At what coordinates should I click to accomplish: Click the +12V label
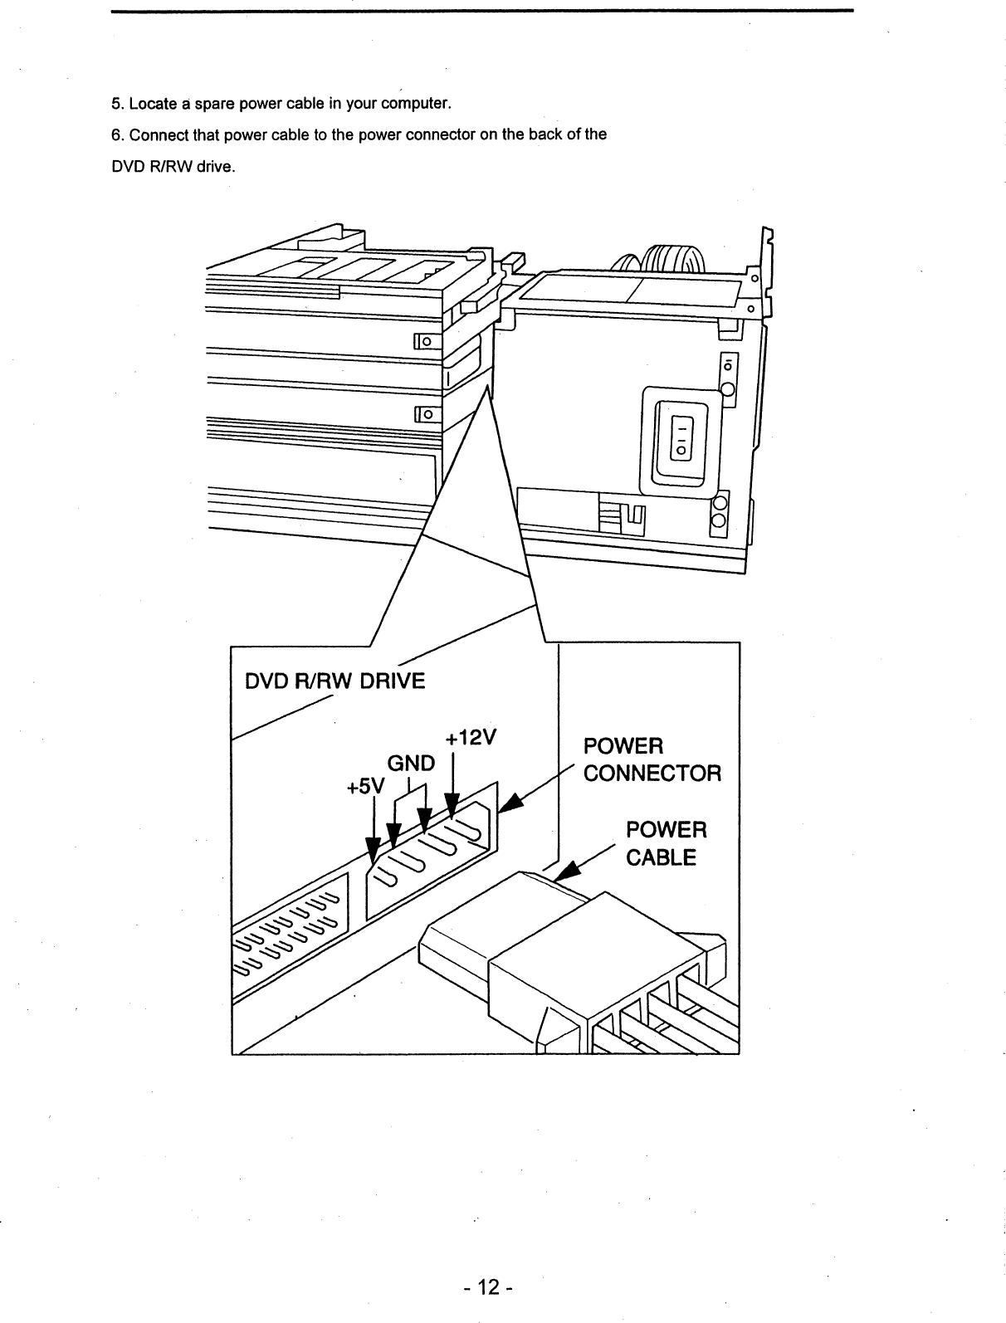pos(470,738)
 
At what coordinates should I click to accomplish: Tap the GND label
pos(413,763)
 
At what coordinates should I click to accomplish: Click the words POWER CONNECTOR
pos(652,759)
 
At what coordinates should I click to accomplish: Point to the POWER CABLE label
pos(666,843)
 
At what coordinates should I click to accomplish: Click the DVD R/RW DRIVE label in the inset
pos(335,681)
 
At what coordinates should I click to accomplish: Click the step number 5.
pos(116,105)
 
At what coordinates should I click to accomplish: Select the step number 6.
pos(116,135)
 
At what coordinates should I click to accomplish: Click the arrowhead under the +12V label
pos(452,806)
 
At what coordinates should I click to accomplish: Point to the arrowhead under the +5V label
pos(374,848)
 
